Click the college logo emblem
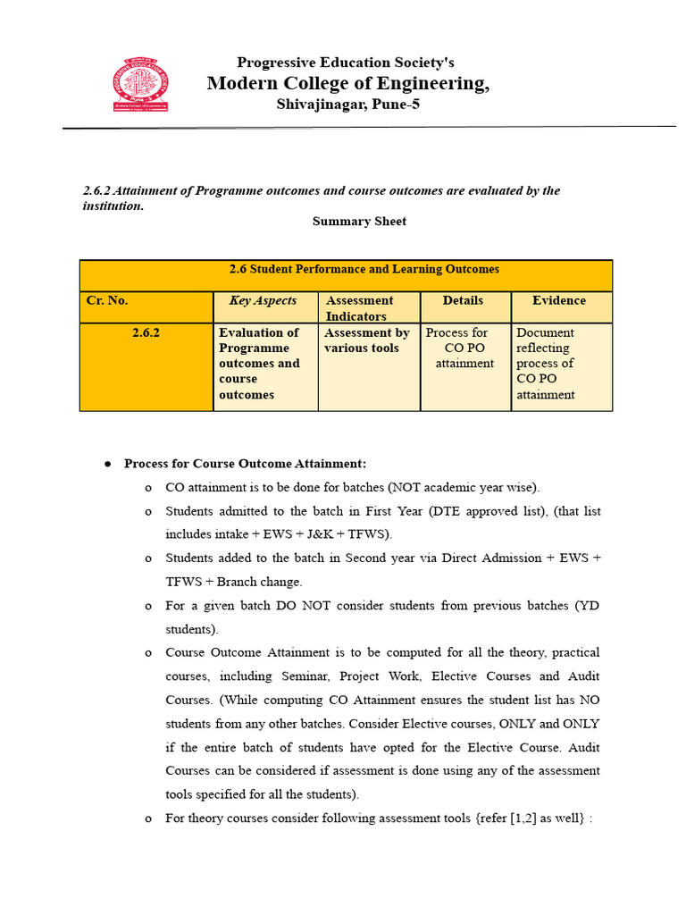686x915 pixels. (141, 85)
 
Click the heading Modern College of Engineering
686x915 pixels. (347, 84)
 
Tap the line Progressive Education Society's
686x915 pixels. (346, 63)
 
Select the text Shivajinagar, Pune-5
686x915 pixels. (347, 105)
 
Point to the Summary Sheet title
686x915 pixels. (359, 221)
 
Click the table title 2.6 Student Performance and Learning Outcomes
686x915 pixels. (364, 269)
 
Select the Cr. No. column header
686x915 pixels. (107, 301)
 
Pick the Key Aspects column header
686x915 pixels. (263, 301)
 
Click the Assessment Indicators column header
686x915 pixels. (360, 308)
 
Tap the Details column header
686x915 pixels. (463, 301)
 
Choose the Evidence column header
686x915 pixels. (559, 301)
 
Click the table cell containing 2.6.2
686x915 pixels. (145, 332)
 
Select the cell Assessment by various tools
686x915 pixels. (367, 340)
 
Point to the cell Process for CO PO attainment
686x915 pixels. (464, 348)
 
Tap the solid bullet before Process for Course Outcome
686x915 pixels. (107, 464)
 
